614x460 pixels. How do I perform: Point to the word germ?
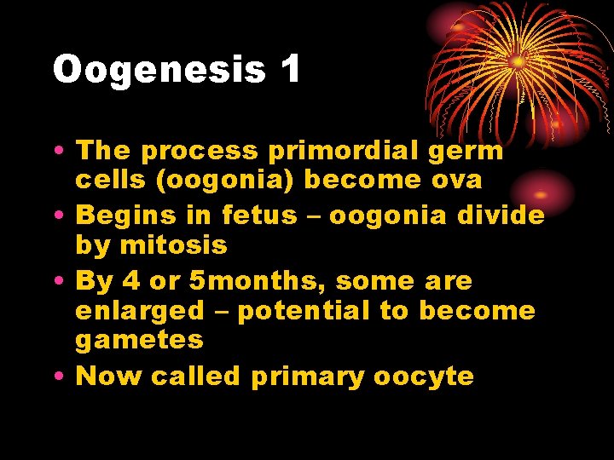click(472, 152)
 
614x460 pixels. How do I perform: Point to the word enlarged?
click(140, 311)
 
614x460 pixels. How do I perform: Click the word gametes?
click(139, 341)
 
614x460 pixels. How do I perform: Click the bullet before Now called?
click(61, 377)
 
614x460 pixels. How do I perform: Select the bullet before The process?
click(61, 152)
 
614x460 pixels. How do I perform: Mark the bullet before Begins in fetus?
click(61, 216)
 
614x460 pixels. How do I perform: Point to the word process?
click(199, 152)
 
